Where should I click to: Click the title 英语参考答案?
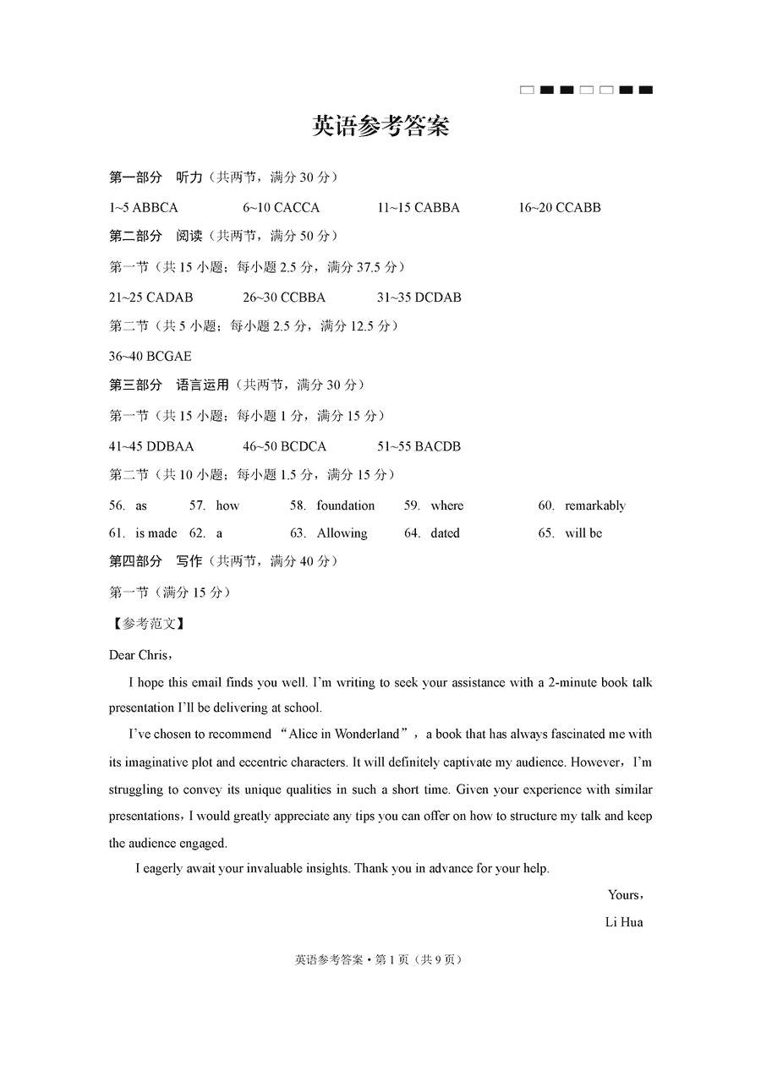(x=380, y=126)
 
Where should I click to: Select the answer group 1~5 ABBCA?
(x=144, y=207)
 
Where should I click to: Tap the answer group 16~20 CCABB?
(x=560, y=207)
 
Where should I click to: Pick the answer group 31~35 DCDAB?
(x=419, y=298)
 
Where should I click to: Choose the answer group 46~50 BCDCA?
(x=284, y=446)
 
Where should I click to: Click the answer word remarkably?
(x=595, y=505)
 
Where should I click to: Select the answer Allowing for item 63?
(x=342, y=533)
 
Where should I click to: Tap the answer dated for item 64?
(x=445, y=533)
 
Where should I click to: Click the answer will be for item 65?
(x=583, y=533)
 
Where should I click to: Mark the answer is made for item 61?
(x=156, y=533)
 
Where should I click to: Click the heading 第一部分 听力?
(x=156, y=178)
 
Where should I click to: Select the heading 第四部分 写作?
(x=156, y=561)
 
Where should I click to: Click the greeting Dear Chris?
(x=139, y=655)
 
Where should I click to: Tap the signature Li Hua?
(x=624, y=922)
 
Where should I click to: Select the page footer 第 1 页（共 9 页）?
(x=419, y=959)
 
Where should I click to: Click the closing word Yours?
(x=624, y=895)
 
